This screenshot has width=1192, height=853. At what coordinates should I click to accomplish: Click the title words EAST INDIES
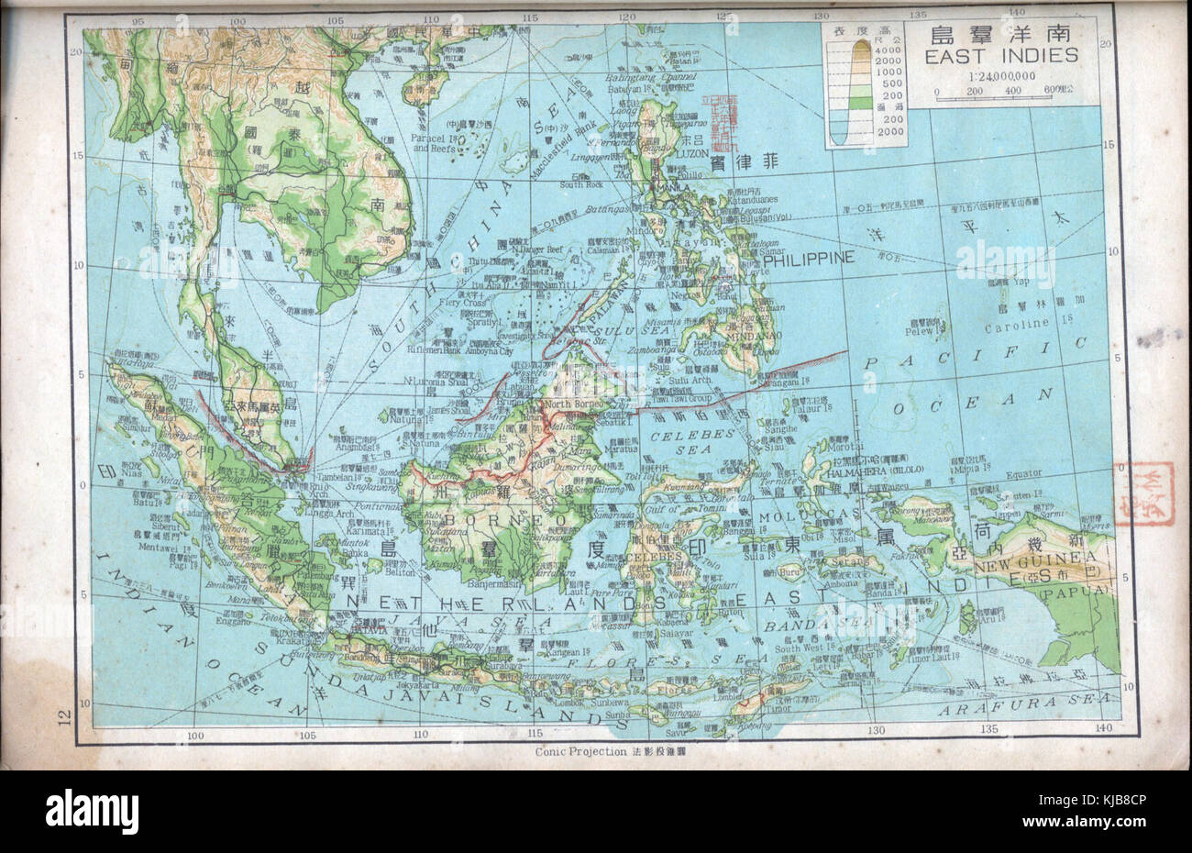click(x=1001, y=56)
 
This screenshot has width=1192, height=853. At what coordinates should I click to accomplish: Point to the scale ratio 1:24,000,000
click(x=1001, y=77)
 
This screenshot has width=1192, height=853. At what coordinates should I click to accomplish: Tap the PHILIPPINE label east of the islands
click(x=808, y=258)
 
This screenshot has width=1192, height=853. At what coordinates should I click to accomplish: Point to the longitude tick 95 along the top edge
click(x=139, y=20)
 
